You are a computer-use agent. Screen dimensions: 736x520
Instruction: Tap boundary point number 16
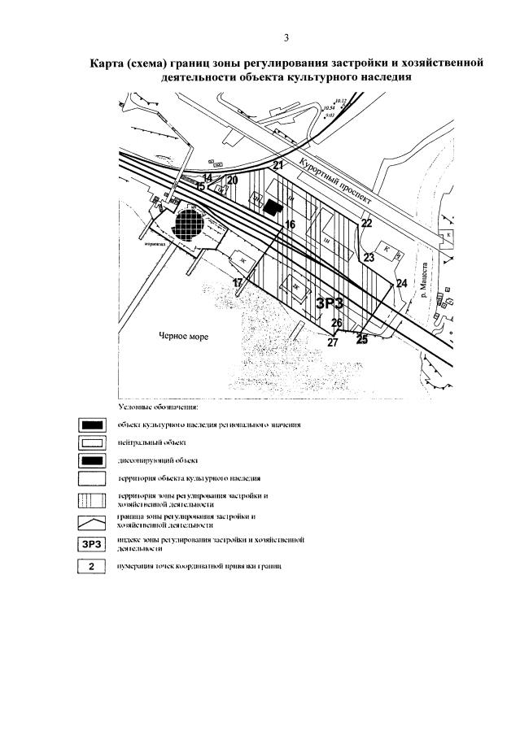(x=291, y=224)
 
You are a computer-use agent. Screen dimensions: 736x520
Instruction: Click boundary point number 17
(x=238, y=282)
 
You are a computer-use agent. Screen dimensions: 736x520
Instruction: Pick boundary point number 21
(x=277, y=166)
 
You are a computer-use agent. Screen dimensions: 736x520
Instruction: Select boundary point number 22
(x=366, y=223)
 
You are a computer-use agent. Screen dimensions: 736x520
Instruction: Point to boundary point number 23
(x=369, y=257)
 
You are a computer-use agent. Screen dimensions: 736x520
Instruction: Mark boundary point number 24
(x=400, y=283)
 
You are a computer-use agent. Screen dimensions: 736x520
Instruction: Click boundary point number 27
(x=332, y=342)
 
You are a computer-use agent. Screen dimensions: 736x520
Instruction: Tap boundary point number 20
(x=233, y=180)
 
